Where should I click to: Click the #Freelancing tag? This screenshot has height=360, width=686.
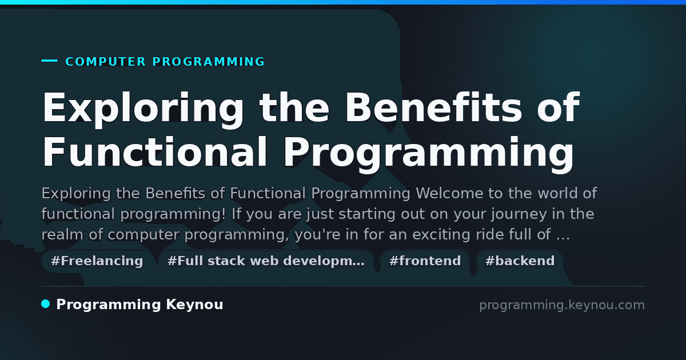(97, 261)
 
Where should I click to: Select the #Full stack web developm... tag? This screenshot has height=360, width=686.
(266, 261)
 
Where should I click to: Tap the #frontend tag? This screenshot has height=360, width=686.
(425, 261)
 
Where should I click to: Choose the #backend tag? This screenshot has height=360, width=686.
(520, 261)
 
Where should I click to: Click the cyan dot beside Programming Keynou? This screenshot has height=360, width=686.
(46, 304)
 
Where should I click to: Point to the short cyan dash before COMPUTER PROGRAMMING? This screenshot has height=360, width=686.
(49, 61)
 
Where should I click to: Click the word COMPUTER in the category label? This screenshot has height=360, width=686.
(106, 62)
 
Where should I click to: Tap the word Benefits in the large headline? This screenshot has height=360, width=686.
(433, 107)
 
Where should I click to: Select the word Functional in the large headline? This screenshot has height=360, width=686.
(155, 152)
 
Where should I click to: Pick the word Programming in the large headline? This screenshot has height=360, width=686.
(428, 154)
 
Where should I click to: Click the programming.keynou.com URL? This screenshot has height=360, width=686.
(562, 305)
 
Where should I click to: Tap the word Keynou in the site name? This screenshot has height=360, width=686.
(194, 305)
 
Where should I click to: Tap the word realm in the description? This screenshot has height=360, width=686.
(62, 234)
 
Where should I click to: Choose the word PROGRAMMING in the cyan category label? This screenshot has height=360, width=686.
(208, 62)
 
